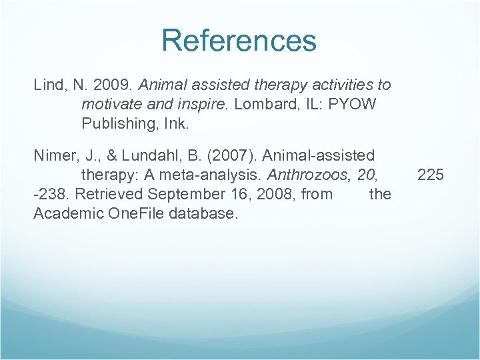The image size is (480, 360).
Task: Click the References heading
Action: (x=239, y=40)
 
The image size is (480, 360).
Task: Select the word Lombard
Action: (x=273, y=105)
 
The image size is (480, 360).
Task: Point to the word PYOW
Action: (x=353, y=105)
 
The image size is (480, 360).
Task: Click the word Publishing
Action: (x=115, y=124)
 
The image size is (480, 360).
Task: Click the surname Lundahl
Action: (x=147, y=156)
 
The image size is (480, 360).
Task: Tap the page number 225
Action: (x=430, y=175)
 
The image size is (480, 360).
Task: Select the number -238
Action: (x=51, y=194)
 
